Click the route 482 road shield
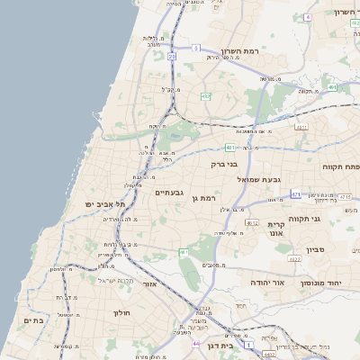[205, 96]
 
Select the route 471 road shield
[296, 193]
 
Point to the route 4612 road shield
[253, 223]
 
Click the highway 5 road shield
[196, 48]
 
